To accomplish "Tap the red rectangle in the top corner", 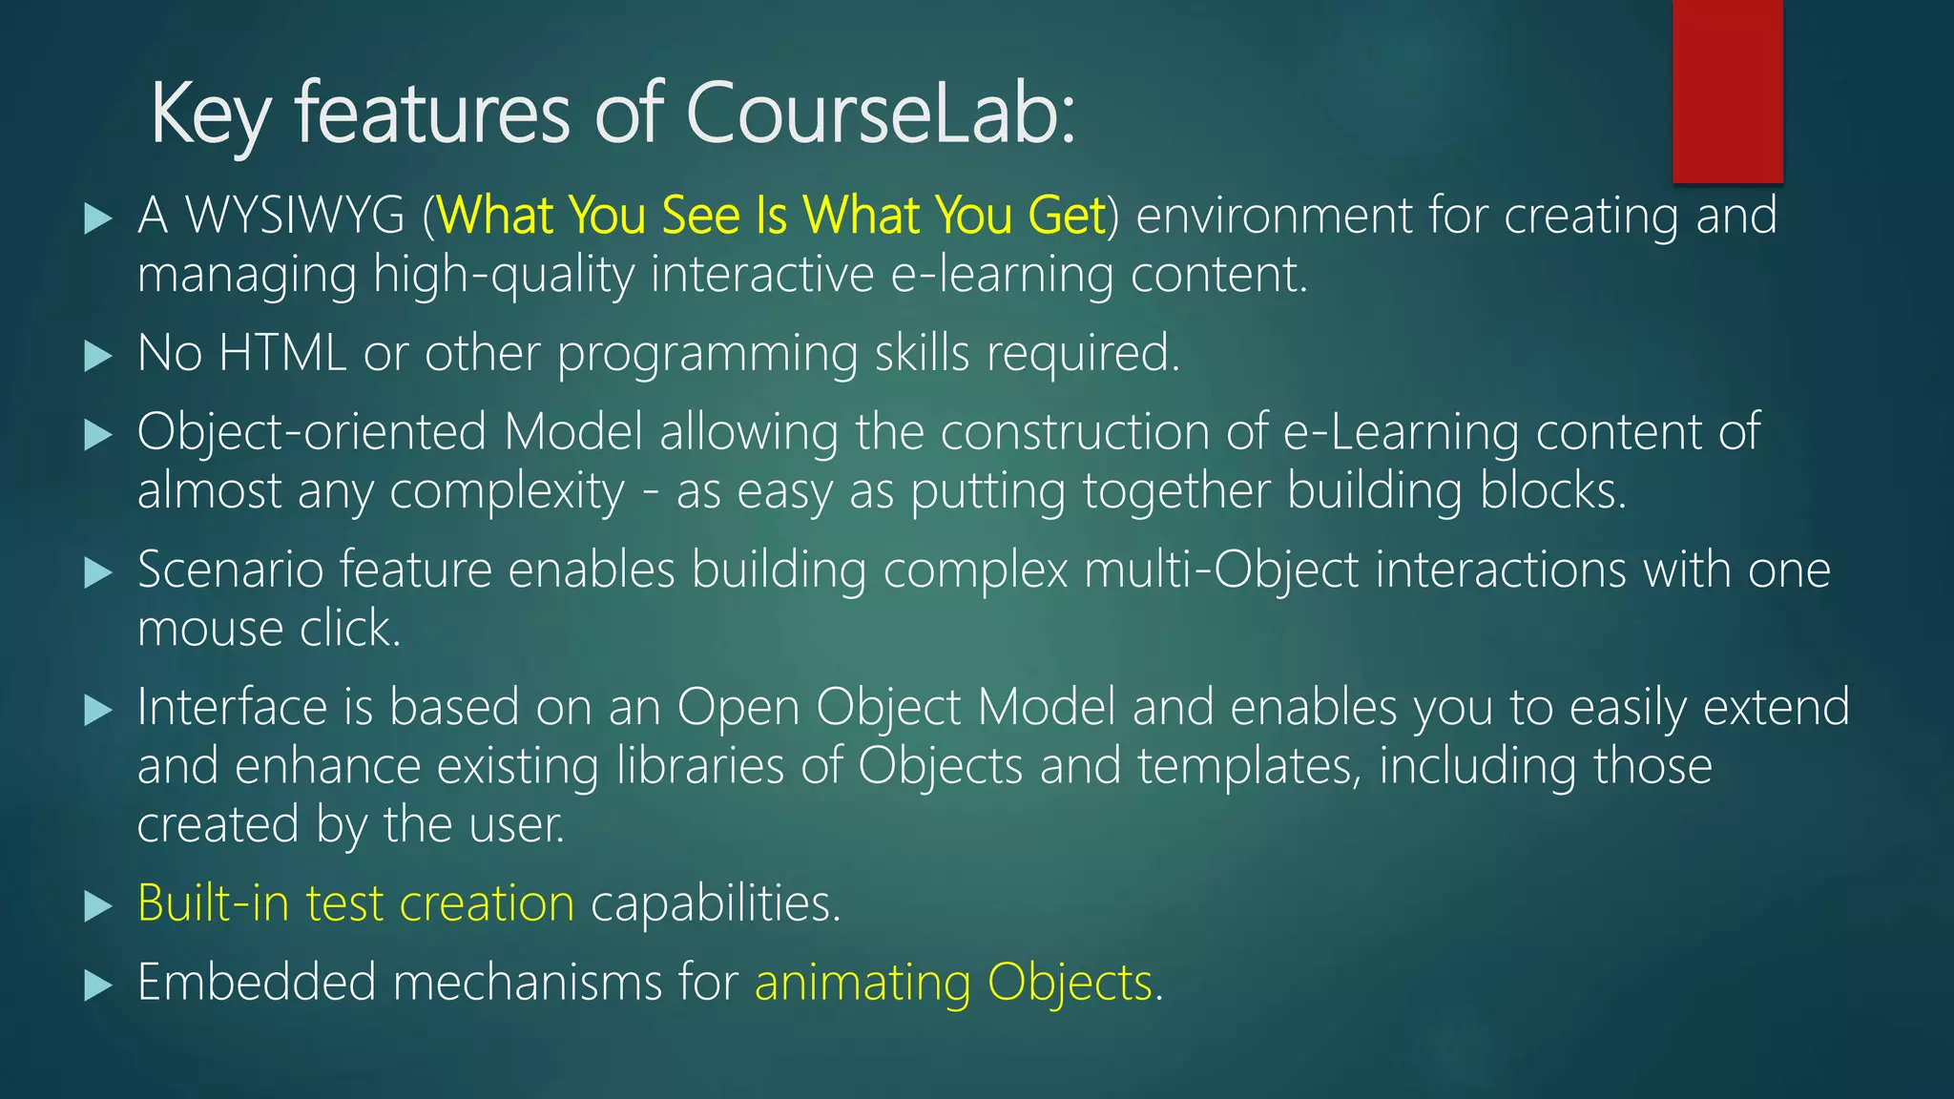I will tap(1727, 91).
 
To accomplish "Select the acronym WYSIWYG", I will tap(296, 216).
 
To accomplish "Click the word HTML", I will tap(281, 353).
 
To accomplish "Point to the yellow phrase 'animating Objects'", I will tap(953, 983).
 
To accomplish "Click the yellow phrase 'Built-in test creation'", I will tap(356, 903).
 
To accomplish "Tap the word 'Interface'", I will tap(232, 708).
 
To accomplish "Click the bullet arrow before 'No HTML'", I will tap(97, 356).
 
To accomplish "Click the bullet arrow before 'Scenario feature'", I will tap(97, 572).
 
